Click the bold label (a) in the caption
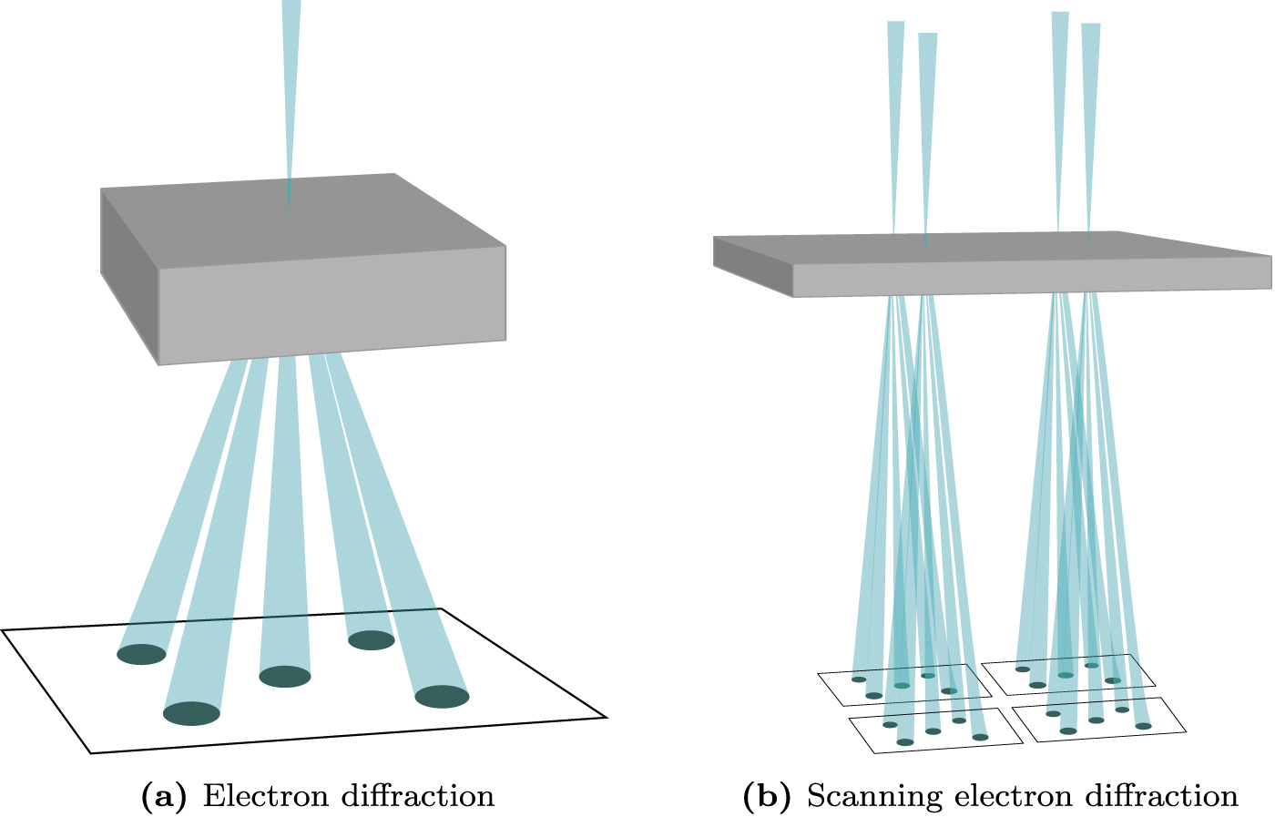tap(164, 796)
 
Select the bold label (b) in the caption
tap(767, 796)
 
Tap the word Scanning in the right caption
tap(874, 796)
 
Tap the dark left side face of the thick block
tap(128, 273)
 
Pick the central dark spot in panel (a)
tap(285, 677)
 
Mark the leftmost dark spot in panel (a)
tap(142, 654)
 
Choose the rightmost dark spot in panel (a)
tap(442, 697)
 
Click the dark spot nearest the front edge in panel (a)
tap(191, 714)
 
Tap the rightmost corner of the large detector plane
tap(606, 717)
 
